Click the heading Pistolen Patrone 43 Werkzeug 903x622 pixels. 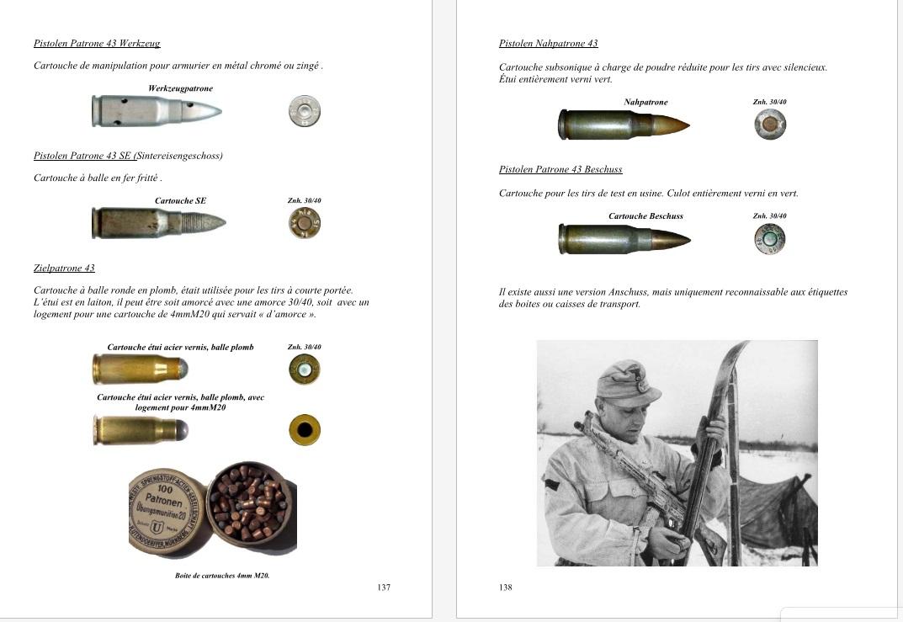tap(97, 44)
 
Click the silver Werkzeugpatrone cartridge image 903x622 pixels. tap(157, 111)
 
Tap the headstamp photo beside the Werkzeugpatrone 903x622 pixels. tap(304, 111)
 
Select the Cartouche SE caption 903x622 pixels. tap(180, 201)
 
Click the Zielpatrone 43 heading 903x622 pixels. tap(64, 268)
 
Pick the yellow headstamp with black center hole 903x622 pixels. tap(304, 430)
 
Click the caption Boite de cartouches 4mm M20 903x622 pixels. tap(222, 576)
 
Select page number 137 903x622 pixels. tap(384, 587)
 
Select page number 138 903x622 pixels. tap(505, 587)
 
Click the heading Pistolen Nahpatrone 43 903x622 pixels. tap(548, 44)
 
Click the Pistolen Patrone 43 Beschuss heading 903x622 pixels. tap(560, 170)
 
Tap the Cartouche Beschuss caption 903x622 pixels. tap(645, 216)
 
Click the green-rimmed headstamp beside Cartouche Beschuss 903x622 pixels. tap(769, 238)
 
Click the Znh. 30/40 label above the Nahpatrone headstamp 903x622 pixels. tap(769, 102)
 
